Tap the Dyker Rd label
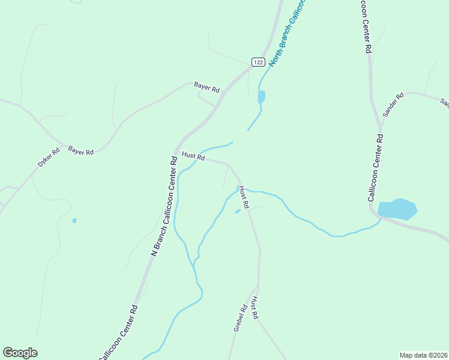point(49,157)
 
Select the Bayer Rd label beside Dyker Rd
point(81,151)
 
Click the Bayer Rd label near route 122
point(207,87)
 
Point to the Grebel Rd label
point(241,319)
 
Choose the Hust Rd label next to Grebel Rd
point(255,307)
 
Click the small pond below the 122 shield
point(261,97)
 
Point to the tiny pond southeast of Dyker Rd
point(74,221)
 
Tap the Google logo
point(20,353)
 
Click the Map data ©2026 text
point(423,355)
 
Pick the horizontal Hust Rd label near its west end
point(193,156)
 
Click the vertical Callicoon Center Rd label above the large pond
point(376,167)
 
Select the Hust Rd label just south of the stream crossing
point(243,196)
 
